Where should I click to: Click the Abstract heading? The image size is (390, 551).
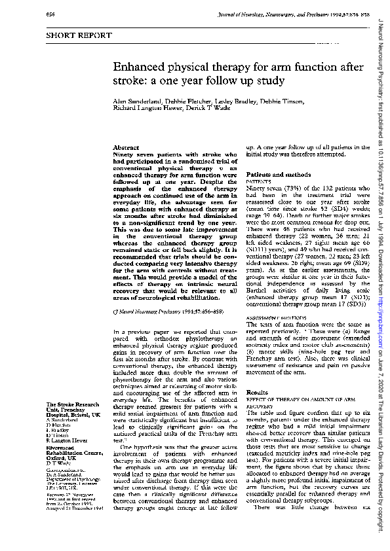pyautogui.click(x=126, y=149)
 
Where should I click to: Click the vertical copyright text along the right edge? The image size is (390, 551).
pyautogui.click(x=381, y=275)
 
